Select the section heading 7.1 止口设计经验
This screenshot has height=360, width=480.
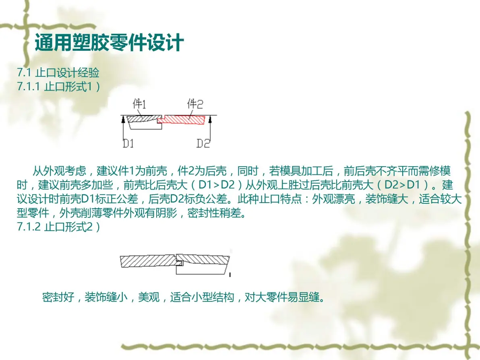click(58, 73)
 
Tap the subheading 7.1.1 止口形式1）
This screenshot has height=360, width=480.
click(59, 87)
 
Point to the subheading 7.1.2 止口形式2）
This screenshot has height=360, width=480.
click(59, 227)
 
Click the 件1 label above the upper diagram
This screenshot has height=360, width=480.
click(139, 104)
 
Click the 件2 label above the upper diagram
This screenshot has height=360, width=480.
click(195, 104)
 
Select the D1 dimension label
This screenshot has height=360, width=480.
click(128, 143)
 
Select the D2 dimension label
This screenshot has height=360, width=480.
click(203, 143)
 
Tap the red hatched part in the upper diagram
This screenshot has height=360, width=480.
click(182, 119)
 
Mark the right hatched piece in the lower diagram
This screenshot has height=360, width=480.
click(203, 260)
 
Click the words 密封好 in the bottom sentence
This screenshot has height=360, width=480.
click(58, 297)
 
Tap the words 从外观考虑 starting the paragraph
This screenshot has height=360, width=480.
click(59, 171)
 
